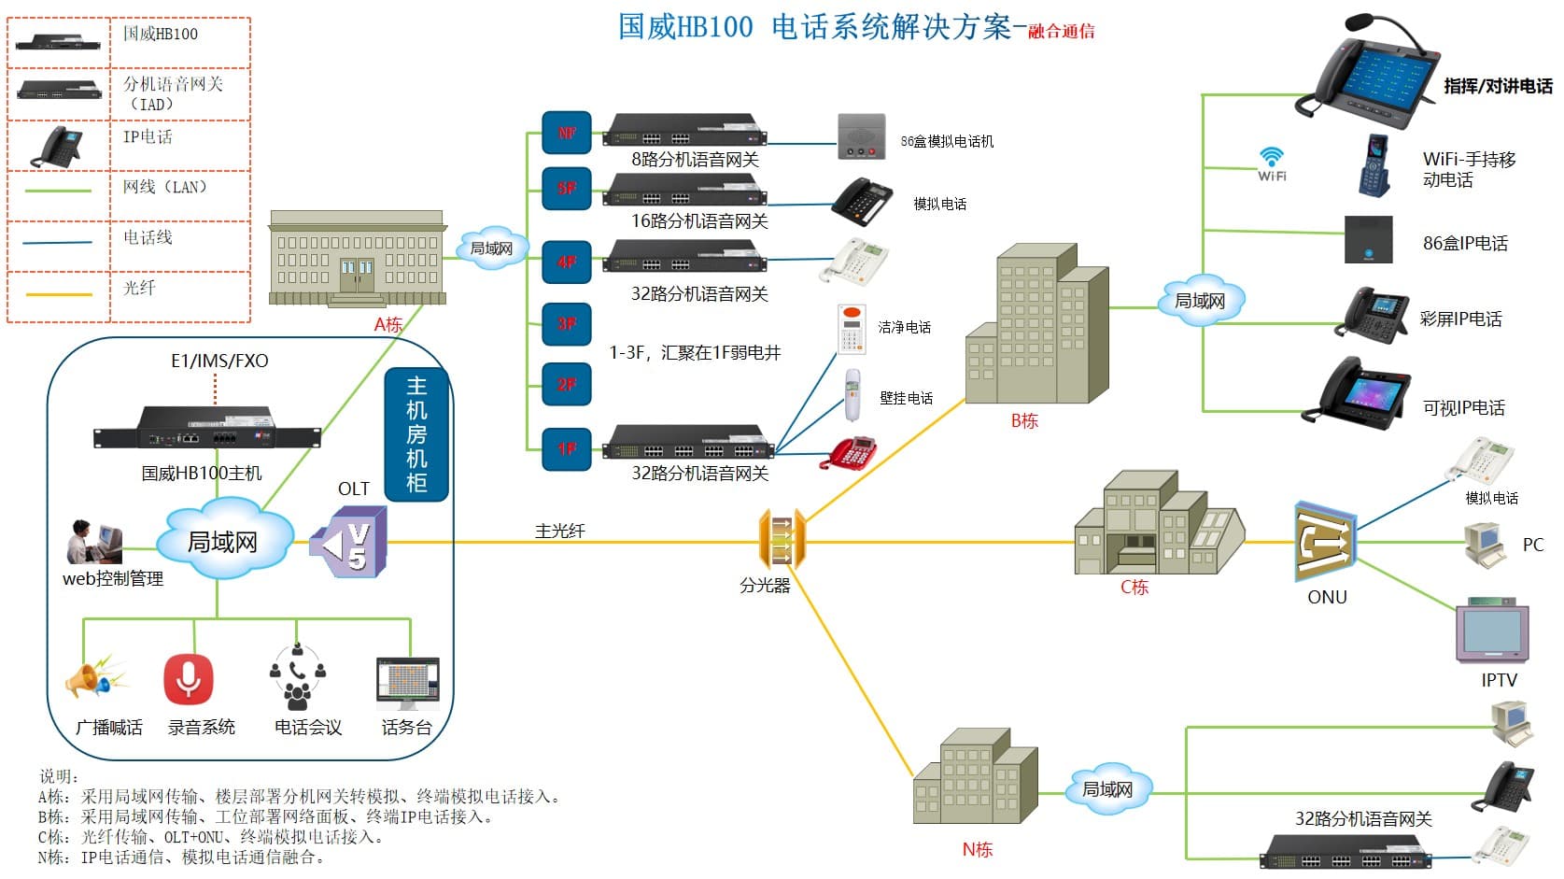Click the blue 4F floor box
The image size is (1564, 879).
click(567, 262)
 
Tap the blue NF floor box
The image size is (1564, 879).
click(567, 134)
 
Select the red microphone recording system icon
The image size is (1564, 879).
click(189, 679)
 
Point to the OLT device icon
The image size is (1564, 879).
click(349, 542)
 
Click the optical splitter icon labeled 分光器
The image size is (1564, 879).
click(781, 540)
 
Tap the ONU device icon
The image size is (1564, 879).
click(1325, 543)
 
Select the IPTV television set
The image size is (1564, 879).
click(1491, 631)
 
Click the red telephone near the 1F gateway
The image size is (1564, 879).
click(850, 452)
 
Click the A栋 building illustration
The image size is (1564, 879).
click(357, 259)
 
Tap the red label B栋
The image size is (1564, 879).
click(1024, 421)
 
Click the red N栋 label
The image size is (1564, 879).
click(977, 850)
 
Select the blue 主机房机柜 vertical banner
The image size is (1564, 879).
click(416, 434)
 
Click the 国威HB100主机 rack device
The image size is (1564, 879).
click(207, 429)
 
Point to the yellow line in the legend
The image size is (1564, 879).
click(59, 294)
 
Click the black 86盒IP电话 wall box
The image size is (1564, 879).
click(1368, 240)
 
